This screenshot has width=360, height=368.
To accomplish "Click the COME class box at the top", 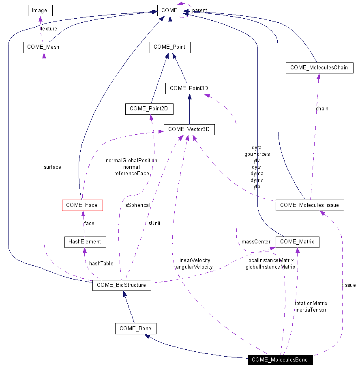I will click(169, 10).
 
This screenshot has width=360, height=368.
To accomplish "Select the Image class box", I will click(40, 10).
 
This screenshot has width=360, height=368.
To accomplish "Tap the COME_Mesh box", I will click(43, 47).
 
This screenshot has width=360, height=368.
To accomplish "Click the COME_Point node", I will click(169, 47).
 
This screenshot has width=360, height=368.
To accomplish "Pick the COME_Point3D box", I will click(189, 88).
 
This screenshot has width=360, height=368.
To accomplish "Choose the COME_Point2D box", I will click(149, 109).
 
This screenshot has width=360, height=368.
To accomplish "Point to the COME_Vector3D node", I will click(189, 129).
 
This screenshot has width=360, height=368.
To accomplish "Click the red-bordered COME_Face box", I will click(81, 205).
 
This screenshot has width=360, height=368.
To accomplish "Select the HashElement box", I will click(85, 242).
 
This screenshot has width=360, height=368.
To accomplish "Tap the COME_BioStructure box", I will click(122, 285).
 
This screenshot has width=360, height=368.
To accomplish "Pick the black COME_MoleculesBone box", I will click(280, 360).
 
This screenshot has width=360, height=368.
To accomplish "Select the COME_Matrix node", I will click(297, 242).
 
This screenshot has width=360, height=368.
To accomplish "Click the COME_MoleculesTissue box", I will click(310, 205).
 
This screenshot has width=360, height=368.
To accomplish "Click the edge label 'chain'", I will click(322, 109).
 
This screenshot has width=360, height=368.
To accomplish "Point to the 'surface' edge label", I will click(52, 167).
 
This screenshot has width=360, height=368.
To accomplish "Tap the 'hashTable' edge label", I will click(101, 264).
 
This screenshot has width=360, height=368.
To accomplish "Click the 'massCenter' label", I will click(256, 242).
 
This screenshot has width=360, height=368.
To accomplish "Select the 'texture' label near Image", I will click(49, 29).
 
